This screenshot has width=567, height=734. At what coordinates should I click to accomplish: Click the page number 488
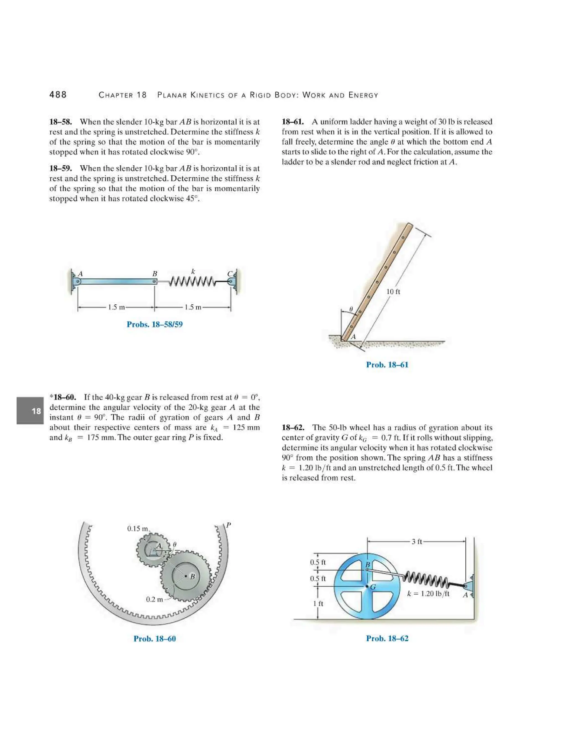pyautogui.click(x=58, y=95)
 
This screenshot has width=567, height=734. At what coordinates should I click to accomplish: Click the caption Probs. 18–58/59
pyautogui.click(x=154, y=324)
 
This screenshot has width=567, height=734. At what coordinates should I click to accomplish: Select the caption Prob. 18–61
pyautogui.click(x=387, y=365)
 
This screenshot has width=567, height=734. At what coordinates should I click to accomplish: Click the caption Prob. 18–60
pyautogui.click(x=154, y=638)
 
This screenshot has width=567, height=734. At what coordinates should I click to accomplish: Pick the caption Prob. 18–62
pyautogui.click(x=387, y=638)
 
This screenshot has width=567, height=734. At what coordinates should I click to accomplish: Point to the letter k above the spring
pyautogui.click(x=193, y=271)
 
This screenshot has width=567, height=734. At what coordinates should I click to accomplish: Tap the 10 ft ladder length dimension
pyautogui.click(x=393, y=292)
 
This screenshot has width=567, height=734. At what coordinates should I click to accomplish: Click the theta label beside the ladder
pyautogui.click(x=351, y=309)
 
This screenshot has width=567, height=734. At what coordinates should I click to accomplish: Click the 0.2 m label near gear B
pyautogui.click(x=154, y=599)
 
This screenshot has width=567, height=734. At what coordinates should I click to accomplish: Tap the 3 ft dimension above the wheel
pyautogui.click(x=416, y=541)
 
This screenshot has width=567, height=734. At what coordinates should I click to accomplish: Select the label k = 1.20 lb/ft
pyautogui.click(x=428, y=594)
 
